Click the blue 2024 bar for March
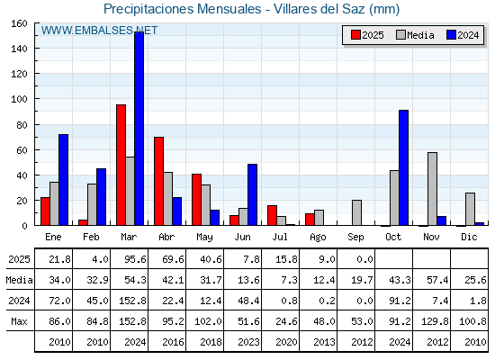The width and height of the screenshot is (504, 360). tap(139, 129)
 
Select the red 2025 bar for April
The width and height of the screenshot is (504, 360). tap(158, 181)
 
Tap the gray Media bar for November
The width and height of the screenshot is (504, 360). tap(432, 189)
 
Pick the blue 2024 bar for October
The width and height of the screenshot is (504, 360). tap(404, 167)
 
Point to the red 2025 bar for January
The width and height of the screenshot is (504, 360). tap(45, 211)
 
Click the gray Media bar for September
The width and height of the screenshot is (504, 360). tap(356, 212)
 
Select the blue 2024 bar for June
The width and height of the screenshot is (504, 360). tap(252, 194)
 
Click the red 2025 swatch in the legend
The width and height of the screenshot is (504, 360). tap(355, 35)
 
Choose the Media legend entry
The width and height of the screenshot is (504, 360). tap(415, 35)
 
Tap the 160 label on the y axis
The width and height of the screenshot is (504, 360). tap(19, 23)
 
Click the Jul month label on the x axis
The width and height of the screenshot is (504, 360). tap(280, 237)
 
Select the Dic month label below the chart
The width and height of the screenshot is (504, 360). tap(469, 237)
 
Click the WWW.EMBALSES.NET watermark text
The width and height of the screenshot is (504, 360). tap(99, 31)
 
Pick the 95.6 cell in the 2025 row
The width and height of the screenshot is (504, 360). tap(135, 259)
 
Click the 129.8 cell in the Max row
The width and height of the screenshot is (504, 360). tap(437, 321)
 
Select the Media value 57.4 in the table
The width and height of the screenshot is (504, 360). tap(437, 280)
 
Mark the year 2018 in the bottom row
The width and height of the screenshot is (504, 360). tap(211, 342)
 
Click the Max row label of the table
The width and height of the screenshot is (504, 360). tap(19, 321)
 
